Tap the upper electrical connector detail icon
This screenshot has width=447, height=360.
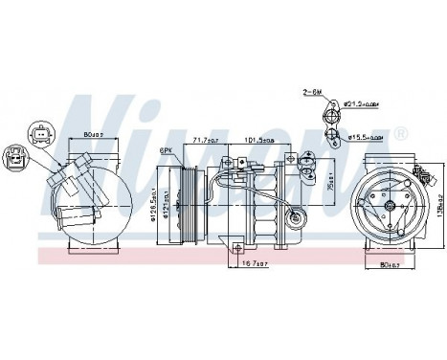39,131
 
